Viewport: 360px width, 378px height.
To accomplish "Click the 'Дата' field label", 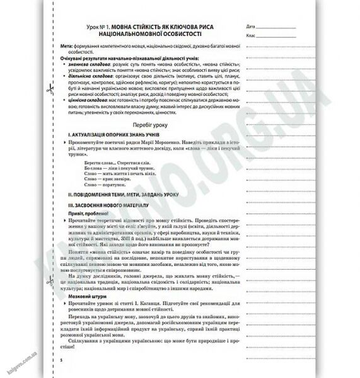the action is coord(252,27).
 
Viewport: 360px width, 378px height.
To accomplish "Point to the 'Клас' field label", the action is coord(252,37).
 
